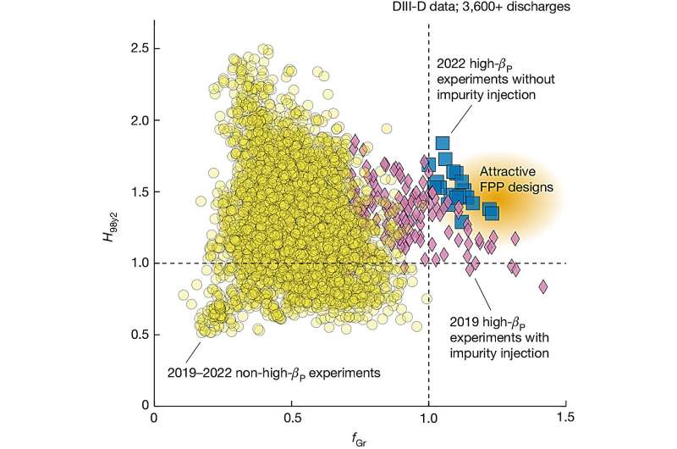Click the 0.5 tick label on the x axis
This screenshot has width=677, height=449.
[291, 418]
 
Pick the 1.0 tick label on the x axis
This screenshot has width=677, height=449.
[429, 418]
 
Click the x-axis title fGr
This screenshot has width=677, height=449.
[360, 439]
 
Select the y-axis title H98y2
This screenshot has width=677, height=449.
[107, 226]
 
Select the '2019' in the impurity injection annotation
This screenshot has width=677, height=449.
[452, 321]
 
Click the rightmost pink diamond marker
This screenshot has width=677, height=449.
[542, 286]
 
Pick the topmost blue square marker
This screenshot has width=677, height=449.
[442, 143]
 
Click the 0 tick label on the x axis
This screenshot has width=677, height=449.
[153, 418]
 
